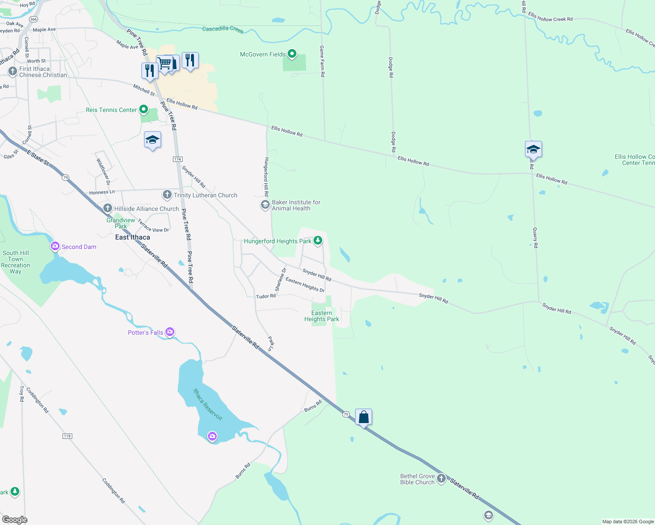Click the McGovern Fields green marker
point(292,54)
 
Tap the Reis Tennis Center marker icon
point(144,109)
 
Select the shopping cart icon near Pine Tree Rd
point(165,63)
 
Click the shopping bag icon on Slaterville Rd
point(363,417)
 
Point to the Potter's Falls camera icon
point(170,332)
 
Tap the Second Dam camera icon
point(55,247)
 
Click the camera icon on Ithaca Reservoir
point(212,436)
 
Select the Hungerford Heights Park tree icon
point(318,241)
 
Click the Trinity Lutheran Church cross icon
point(167,195)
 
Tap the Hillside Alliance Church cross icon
point(108,209)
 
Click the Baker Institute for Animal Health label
point(296,205)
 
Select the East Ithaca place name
point(132,237)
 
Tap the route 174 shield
point(177,159)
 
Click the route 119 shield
point(67,436)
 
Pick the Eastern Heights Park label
point(321,316)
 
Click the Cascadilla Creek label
point(223,29)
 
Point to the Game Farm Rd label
point(322,61)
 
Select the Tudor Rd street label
point(266,296)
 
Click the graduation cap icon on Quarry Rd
point(533,150)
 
